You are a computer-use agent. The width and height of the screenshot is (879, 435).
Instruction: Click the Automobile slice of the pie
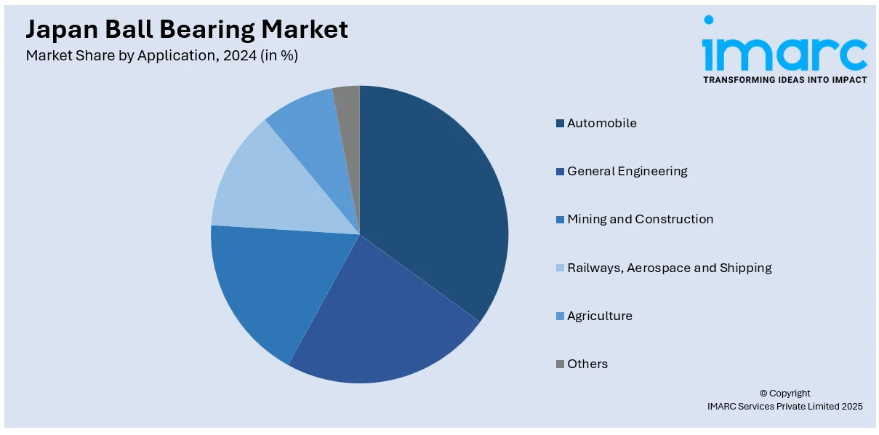tap(436, 196)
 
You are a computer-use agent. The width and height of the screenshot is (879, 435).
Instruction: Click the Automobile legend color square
tap(560, 124)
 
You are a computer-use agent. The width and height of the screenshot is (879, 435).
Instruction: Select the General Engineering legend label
tap(627, 172)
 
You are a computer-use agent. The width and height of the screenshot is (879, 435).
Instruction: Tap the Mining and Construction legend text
tap(640, 220)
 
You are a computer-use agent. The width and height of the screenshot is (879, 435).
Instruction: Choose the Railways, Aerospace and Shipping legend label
tap(669, 268)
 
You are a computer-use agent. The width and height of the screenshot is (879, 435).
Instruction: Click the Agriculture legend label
tap(600, 316)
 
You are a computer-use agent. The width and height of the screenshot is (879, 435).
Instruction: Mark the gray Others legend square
tap(560, 364)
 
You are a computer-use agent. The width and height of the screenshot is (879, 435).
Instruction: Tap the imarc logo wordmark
tap(784, 51)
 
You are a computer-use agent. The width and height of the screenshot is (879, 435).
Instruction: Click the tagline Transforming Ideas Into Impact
tap(784, 80)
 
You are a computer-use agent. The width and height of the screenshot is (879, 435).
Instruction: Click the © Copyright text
tap(784, 394)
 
